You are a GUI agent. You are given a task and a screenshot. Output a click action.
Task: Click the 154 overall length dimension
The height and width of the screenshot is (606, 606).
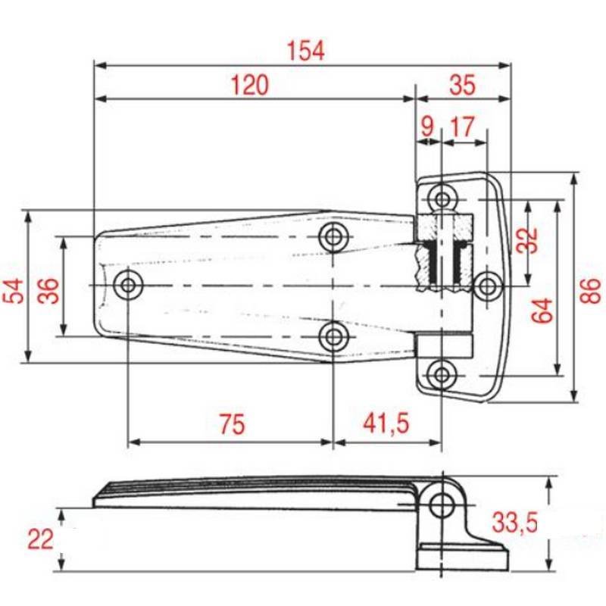306,51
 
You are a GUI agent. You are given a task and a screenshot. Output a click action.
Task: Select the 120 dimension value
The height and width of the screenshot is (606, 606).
250,86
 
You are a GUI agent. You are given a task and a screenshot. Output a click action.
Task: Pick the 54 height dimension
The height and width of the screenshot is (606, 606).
13,290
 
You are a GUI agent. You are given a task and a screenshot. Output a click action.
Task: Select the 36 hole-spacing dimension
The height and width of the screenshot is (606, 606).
48,290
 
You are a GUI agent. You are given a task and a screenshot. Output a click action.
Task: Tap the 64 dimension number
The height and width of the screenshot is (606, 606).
542,311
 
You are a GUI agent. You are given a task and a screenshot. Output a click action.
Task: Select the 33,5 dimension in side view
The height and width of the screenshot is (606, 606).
515,522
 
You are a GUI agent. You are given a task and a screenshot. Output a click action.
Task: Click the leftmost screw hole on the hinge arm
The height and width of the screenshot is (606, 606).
129,286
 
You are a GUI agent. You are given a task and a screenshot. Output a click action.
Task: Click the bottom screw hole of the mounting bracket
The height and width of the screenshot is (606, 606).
442,373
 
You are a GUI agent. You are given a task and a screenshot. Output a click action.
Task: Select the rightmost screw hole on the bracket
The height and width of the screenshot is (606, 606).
487,286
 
